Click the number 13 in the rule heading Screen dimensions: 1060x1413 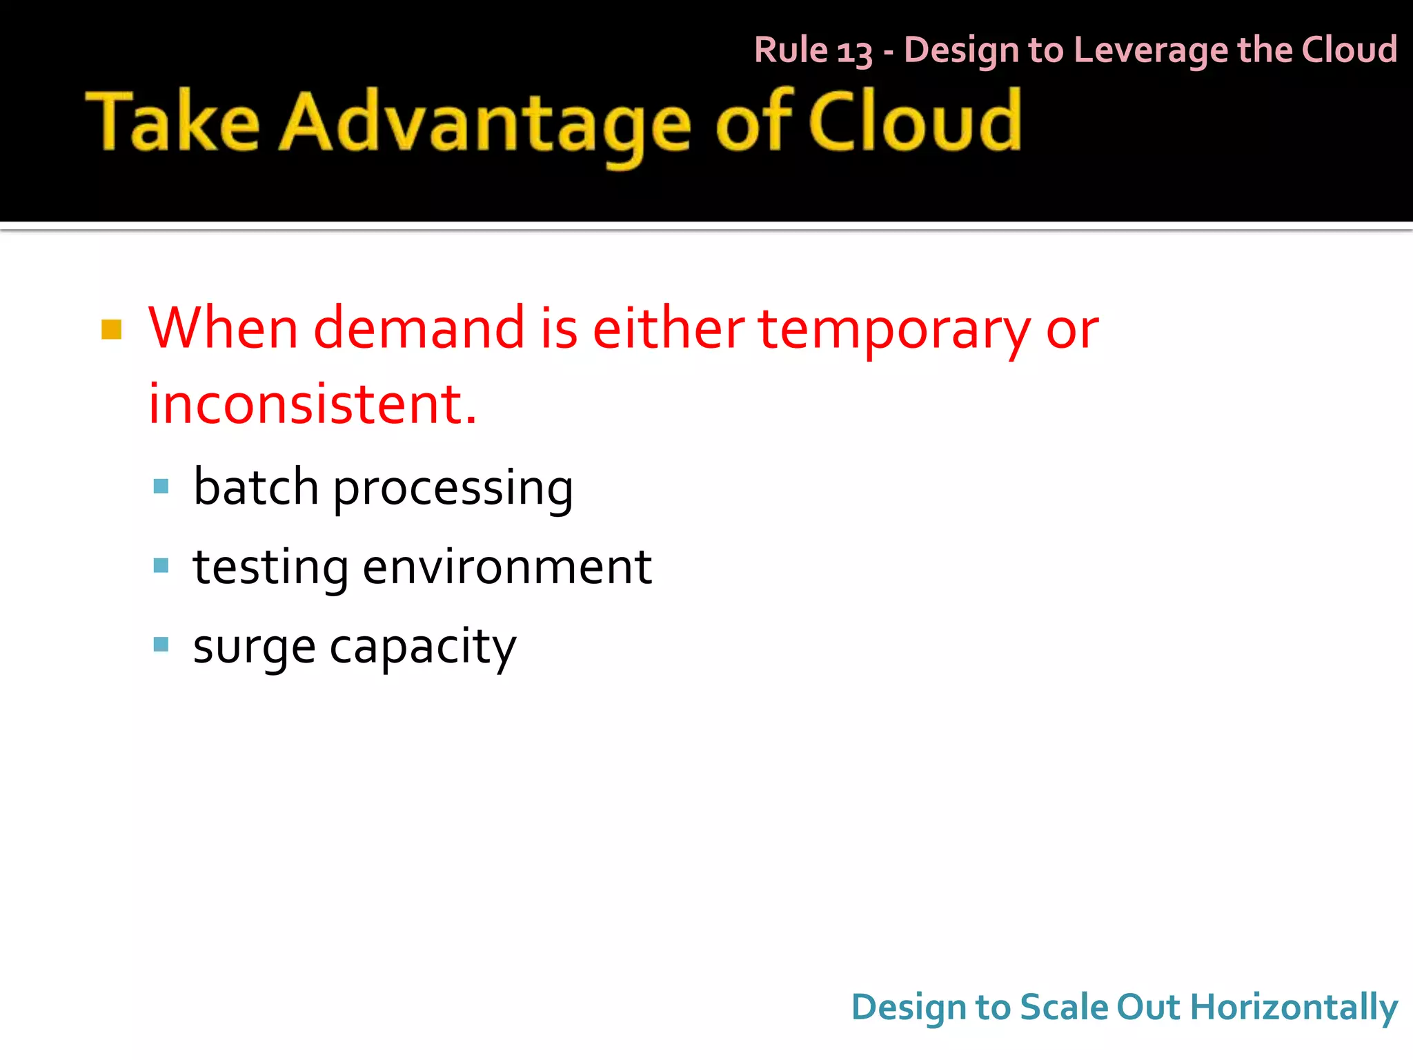854,52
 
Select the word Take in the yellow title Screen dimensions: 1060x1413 172,123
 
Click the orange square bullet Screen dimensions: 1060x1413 111,329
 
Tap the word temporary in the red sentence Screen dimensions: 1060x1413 894,329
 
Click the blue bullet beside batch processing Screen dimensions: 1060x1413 161,487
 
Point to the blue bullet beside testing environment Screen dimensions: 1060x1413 161,566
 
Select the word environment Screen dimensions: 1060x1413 507,567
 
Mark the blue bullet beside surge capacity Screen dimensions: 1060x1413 161,645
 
